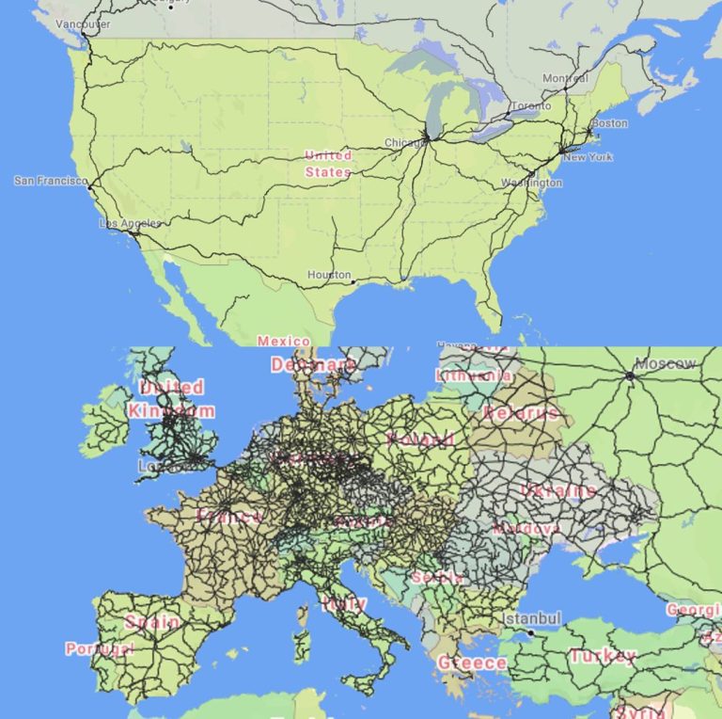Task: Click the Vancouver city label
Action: click(x=83, y=24)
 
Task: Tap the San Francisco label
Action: click(x=50, y=180)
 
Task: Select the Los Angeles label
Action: click(x=130, y=223)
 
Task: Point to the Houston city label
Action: click(x=329, y=275)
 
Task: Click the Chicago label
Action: click(x=405, y=143)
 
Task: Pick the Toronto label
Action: click(x=531, y=106)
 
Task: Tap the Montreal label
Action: click(x=565, y=78)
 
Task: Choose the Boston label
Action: click(x=609, y=123)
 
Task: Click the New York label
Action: click(x=587, y=157)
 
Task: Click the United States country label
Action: click(x=328, y=164)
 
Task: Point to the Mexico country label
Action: click(x=283, y=341)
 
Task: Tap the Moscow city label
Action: click(x=666, y=363)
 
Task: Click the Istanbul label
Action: click(x=533, y=619)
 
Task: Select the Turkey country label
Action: click(x=603, y=656)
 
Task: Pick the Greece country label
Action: click(x=472, y=663)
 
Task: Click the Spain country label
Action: click(x=151, y=621)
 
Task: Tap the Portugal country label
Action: click(x=100, y=648)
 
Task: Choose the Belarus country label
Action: click(x=521, y=412)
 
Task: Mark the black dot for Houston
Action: click(x=353, y=281)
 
